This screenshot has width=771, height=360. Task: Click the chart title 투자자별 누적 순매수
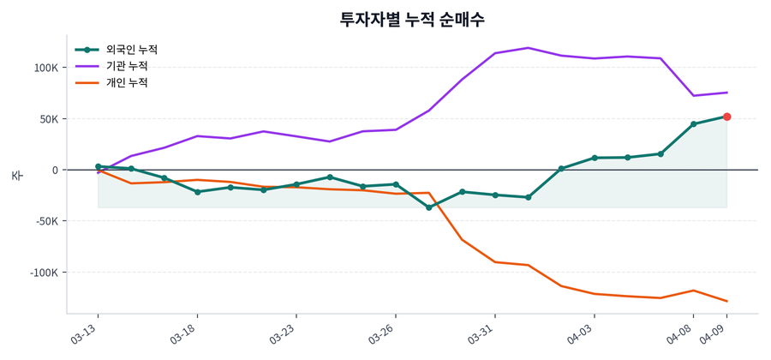click(x=412, y=19)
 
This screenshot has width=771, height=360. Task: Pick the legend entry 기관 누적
click(x=127, y=66)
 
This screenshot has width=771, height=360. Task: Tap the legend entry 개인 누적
click(x=127, y=82)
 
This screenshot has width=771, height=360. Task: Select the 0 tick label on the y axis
click(x=54, y=170)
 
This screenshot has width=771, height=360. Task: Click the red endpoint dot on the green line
click(x=726, y=117)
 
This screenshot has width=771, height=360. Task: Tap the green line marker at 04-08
click(x=694, y=123)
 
